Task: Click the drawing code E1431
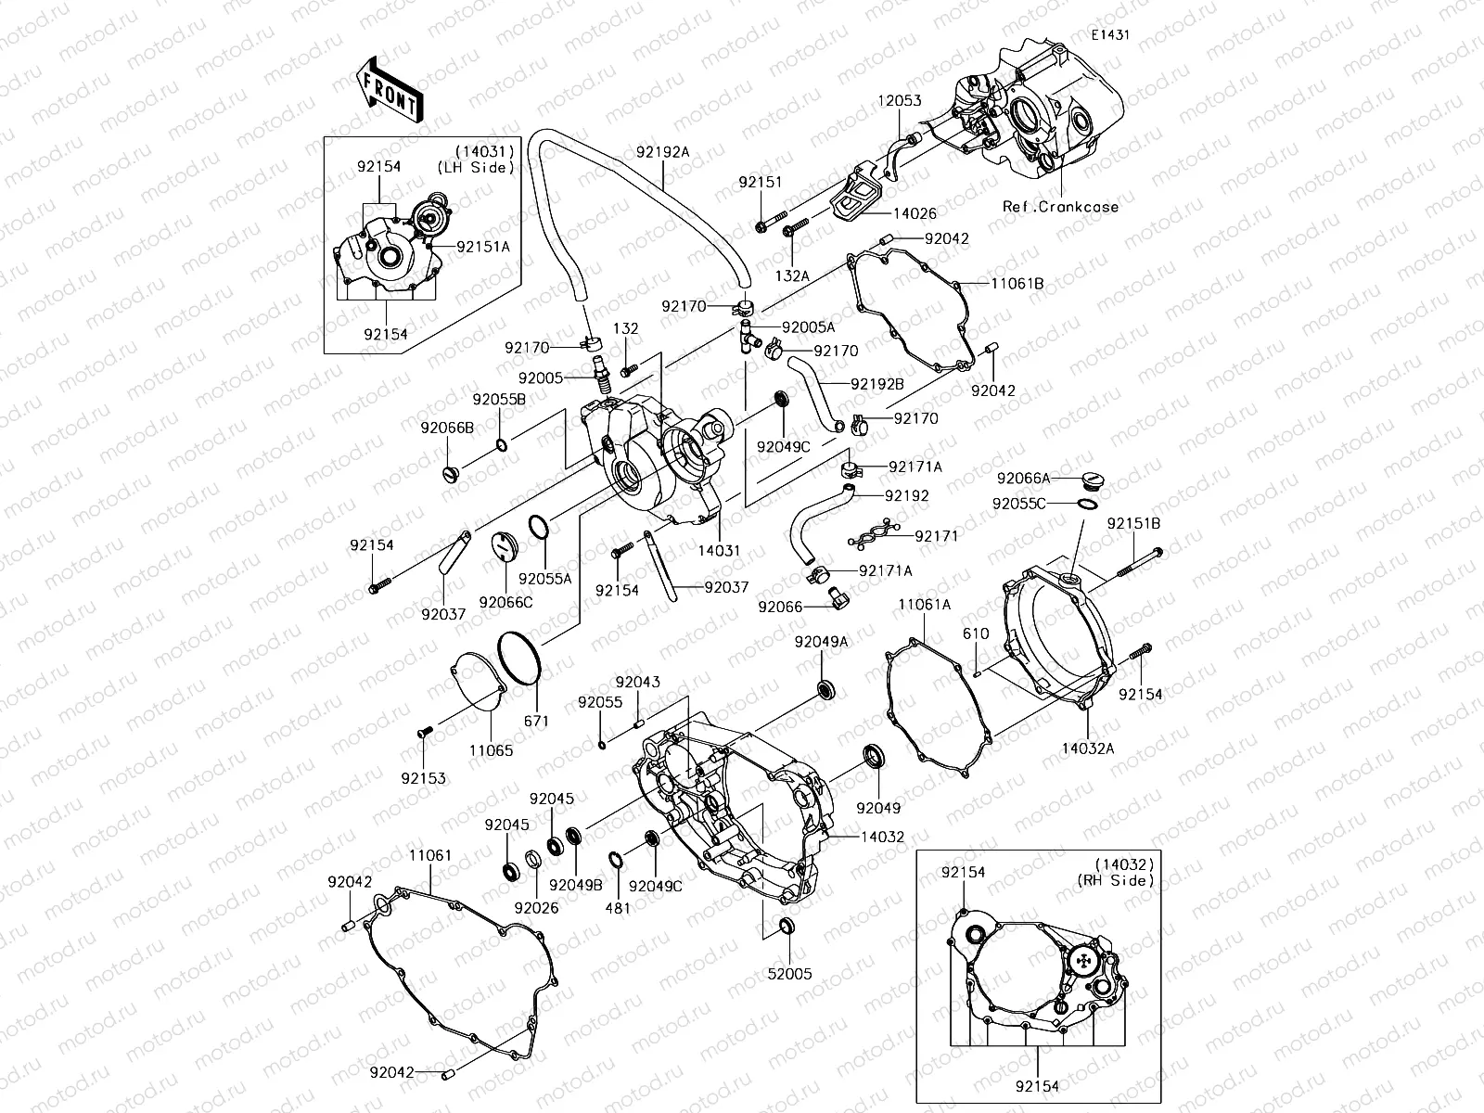point(1111,34)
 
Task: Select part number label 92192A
point(662,152)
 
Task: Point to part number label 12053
point(900,100)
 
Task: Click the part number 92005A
point(808,326)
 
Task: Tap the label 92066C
point(505,602)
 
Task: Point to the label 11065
point(491,750)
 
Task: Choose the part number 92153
point(423,779)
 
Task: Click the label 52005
point(789,975)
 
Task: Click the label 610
point(976,633)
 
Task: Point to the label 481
point(618,908)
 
